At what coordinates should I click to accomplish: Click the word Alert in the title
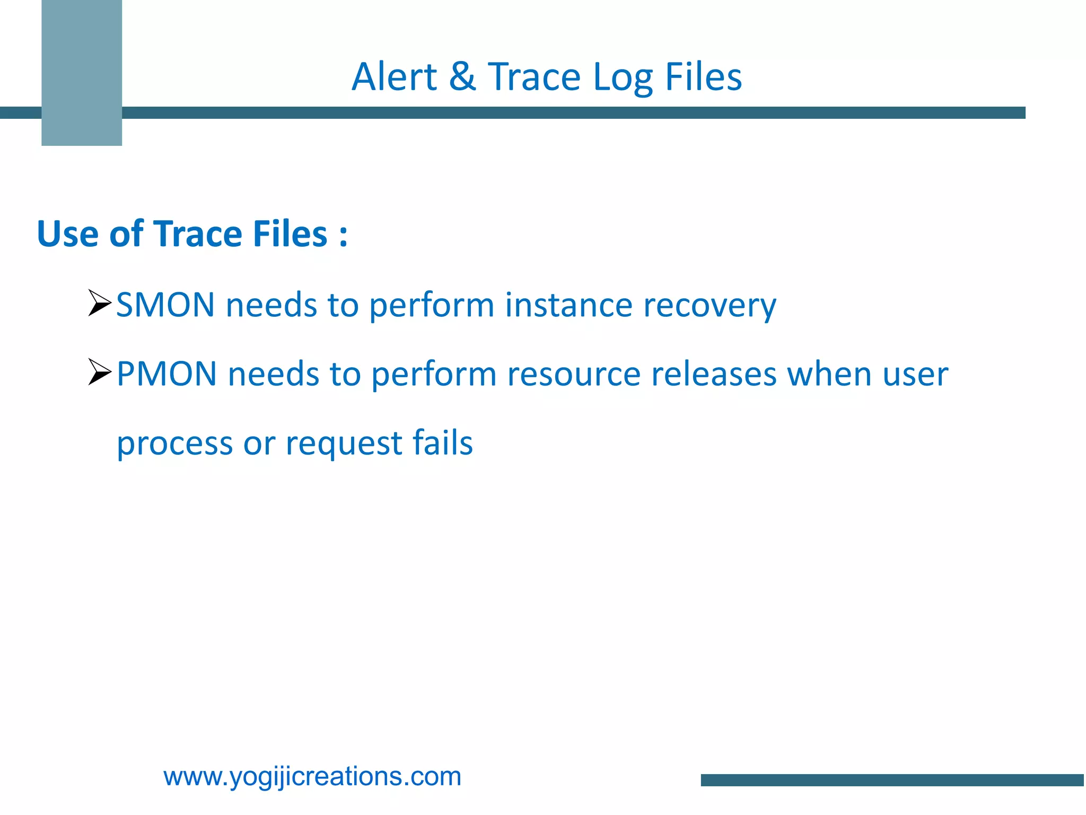point(395,77)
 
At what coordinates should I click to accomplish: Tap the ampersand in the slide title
point(462,77)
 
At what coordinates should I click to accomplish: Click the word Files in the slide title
point(703,77)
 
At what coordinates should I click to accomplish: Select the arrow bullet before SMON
point(99,303)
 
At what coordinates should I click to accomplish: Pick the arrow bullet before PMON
point(99,372)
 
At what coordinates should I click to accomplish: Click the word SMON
point(165,305)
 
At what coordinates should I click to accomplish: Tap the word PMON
point(167,374)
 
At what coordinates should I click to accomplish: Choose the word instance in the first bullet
point(568,305)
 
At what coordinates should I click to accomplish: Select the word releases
point(714,374)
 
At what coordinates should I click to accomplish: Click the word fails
point(443,443)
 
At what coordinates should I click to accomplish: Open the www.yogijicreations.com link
point(312,777)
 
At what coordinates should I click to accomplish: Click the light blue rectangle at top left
point(82,73)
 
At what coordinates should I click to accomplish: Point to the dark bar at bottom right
point(892,780)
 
